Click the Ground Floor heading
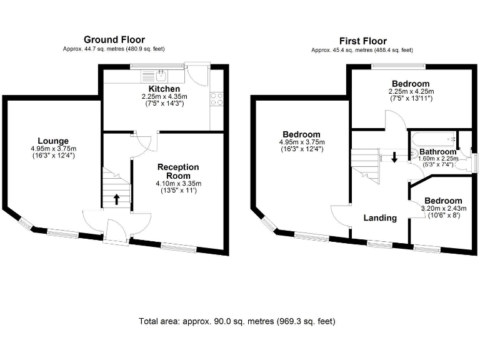[x=114, y=40]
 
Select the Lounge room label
[x=53, y=141]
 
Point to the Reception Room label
[x=178, y=171]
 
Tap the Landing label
[x=380, y=218]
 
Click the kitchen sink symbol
[x=161, y=76]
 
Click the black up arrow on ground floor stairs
[x=116, y=200]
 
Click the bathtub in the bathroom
[x=431, y=139]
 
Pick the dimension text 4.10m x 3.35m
[x=178, y=183]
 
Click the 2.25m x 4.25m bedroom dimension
[x=411, y=92]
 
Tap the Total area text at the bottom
[x=237, y=321]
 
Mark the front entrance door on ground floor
[x=116, y=232]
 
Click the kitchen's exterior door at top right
[x=199, y=76]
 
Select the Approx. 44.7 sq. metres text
[x=114, y=49]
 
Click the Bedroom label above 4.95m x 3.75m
[x=301, y=134]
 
